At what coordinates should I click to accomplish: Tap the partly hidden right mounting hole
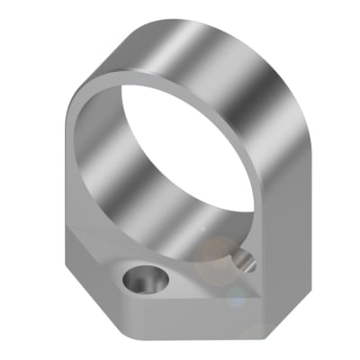(243, 262)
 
